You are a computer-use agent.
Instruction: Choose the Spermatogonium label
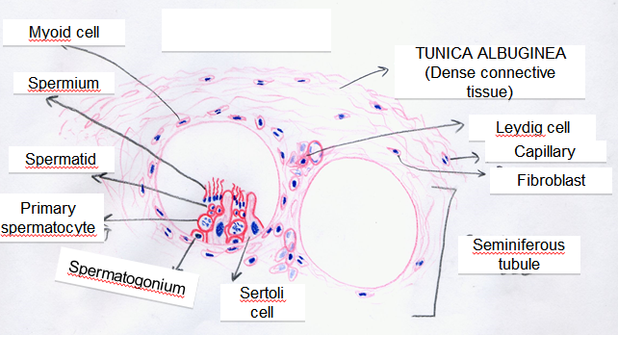point(126,275)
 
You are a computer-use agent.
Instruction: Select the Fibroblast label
point(547,180)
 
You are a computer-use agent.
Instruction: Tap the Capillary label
point(544,151)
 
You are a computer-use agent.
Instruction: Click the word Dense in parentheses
point(451,74)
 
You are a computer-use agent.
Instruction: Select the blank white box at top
point(245,29)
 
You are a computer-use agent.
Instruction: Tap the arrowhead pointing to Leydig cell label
point(461,123)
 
